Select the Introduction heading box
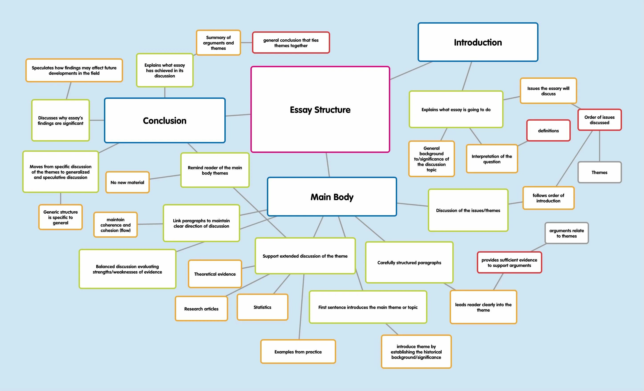[478, 42]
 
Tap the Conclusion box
[165, 120]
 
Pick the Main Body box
[332, 197]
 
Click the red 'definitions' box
[548, 131]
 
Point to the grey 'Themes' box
[599, 172]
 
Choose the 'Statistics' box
[262, 307]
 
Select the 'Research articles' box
[201, 309]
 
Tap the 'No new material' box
[127, 182]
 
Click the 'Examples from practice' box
[298, 352]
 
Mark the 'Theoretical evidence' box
[215, 274]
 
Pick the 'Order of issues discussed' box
[599, 120]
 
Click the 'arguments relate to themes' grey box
[567, 233]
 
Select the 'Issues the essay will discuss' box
[548, 91]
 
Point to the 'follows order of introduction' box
[548, 198]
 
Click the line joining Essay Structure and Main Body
[328, 165]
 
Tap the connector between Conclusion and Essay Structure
[238, 115]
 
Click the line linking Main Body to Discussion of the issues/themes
[412, 205]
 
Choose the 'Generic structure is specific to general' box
[60, 217]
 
